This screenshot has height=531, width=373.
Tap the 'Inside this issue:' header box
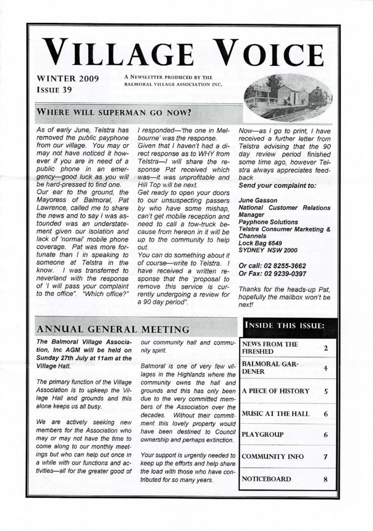pos(288,326)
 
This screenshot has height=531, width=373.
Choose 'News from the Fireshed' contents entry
pos(269,348)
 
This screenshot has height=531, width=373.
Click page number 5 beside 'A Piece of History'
pos(325,392)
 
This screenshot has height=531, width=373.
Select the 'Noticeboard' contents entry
pos(266,480)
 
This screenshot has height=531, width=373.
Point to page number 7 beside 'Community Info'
pos(325,457)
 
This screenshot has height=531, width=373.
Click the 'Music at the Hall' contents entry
pos(275,414)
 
